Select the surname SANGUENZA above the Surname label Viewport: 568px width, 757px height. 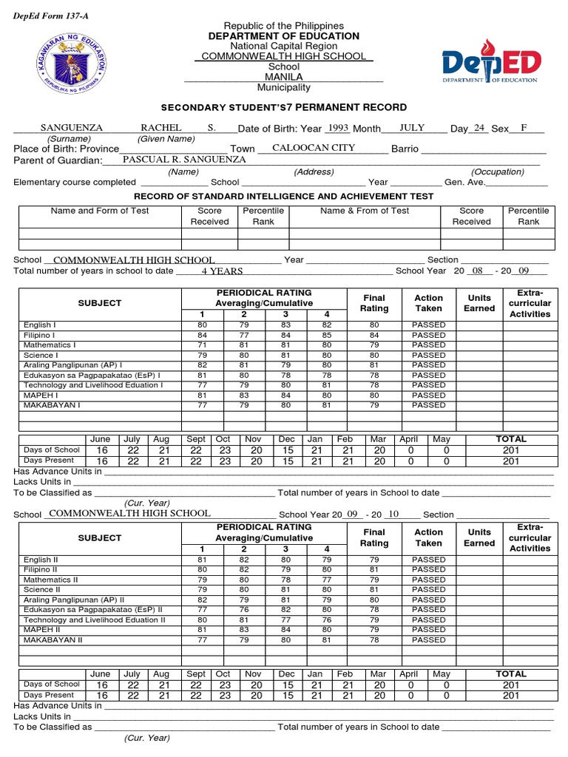(x=71, y=128)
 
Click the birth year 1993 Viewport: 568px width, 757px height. (x=337, y=128)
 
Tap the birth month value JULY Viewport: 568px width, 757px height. (x=412, y=128)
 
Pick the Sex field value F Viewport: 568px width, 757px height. (x=524, y=128)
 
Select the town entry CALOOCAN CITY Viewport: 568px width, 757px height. (x=314, y=148)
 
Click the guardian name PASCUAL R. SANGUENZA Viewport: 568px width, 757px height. (x=184, y=159)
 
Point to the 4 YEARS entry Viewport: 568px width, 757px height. (x=223, y=271)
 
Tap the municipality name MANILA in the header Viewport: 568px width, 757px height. (x=283, y=77)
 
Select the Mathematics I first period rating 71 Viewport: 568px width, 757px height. (x=202, y=345)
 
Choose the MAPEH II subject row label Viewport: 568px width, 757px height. (x=41, y=630)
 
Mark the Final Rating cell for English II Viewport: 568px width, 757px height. (x=374, y=560)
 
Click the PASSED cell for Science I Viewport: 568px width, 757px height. (x=429, y=355)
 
